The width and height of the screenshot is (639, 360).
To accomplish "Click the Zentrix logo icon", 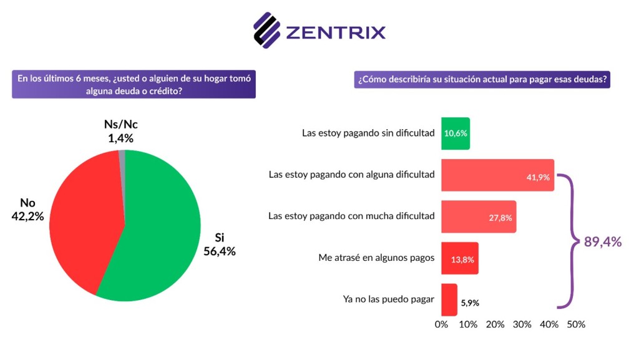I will point(266,29).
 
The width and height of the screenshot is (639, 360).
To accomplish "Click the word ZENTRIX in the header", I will point(336,32).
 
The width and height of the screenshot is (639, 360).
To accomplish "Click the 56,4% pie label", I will point(219,251).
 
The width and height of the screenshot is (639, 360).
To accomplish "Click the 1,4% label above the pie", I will point(120,139).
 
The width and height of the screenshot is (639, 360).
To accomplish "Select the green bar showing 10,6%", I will point(455,133).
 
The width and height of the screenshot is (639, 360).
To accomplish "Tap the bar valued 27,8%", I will point(478,216).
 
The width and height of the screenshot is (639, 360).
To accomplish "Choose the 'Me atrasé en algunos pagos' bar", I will point(459,258).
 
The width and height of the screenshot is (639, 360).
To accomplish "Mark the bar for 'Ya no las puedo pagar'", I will point(449,299).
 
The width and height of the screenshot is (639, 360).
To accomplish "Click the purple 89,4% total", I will point(602,243).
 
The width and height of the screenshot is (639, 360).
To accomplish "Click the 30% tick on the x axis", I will point(522,324).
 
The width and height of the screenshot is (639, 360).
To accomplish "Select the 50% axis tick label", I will point(575,324).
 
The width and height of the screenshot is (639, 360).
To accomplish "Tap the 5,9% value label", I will point(471,303).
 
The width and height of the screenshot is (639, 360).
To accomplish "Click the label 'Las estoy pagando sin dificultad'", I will point(368,133).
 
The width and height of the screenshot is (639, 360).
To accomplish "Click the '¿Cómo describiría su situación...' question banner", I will point(482,80).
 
